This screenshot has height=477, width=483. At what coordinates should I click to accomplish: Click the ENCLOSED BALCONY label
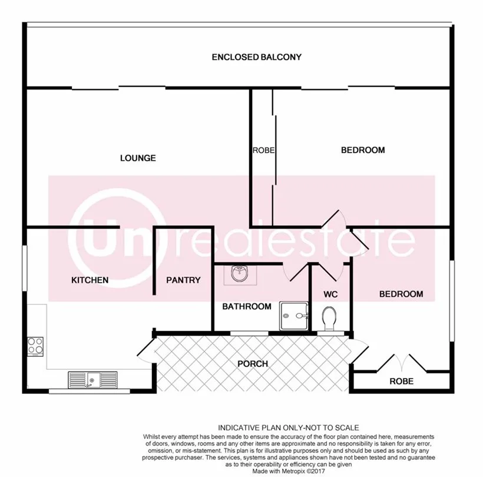[x=256, y=57]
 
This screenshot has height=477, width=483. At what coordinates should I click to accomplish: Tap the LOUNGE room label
[x=138, y=158]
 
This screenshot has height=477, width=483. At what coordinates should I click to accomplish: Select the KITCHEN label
[x=90, y=280]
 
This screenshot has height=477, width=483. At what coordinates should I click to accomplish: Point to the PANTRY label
[x=183, y=280]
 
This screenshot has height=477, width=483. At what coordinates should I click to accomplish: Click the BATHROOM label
[x=246, y=306]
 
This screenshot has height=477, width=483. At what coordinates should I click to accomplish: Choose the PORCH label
[x=252, y=364]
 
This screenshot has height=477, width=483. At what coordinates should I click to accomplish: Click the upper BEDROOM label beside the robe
[x=363, y=150]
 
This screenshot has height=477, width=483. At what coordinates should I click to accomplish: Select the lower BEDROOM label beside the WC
[x=401, y=294]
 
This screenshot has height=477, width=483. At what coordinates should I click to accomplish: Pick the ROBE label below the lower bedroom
[x=401, y=382]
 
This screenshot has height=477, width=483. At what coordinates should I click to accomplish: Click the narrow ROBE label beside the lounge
[x=263, y=150]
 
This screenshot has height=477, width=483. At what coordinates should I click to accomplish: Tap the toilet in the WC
[x=329, y=319]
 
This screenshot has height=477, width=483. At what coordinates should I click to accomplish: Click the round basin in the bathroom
[x=240, y=274]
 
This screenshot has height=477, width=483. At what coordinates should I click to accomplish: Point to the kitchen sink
[x=92, y=380]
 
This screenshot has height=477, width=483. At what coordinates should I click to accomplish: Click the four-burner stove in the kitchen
[x=35, y=346]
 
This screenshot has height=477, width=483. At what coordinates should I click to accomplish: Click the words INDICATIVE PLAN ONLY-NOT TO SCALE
[x=289, y=427]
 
